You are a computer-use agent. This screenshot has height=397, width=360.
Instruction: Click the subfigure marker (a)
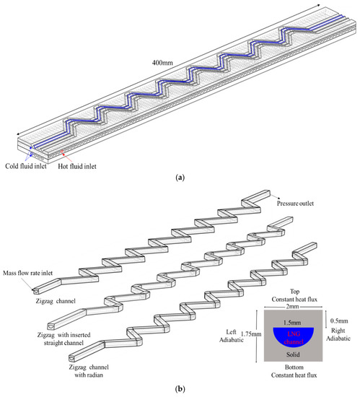pyautogui.click(x=180, y=186)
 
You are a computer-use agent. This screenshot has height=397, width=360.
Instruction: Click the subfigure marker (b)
pyautogui.click(x=180, y=388)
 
